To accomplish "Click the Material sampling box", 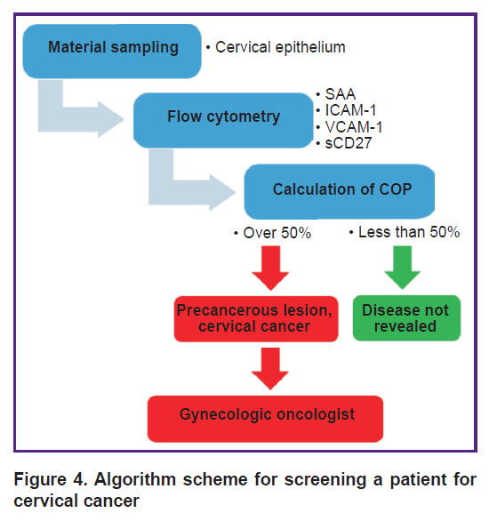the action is [x=112, y=52].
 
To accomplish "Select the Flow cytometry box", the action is [x=223, y=120].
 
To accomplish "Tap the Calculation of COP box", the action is [x=340, y=192].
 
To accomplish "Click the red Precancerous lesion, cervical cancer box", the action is [x=256, y=318].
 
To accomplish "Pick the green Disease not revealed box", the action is [x=406, y=318].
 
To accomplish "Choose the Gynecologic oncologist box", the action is [x=265, y=419].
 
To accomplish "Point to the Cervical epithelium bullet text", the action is [x=276, y=47].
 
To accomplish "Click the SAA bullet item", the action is [x=336, y=94].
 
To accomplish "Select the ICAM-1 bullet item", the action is [x=346, y=110].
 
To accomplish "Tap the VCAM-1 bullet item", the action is [x=349, y=127].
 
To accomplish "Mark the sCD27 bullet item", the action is [x=344, y=143].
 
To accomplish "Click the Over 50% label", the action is [x=272, y=233].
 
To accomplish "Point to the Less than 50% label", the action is [x=405, y=232].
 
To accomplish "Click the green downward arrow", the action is [x=402, y=267].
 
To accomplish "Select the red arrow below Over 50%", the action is [x=270, y=268].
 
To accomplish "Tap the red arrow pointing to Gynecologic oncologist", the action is [x=270, y=368].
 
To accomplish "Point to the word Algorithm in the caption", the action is [x=135, y=480].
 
